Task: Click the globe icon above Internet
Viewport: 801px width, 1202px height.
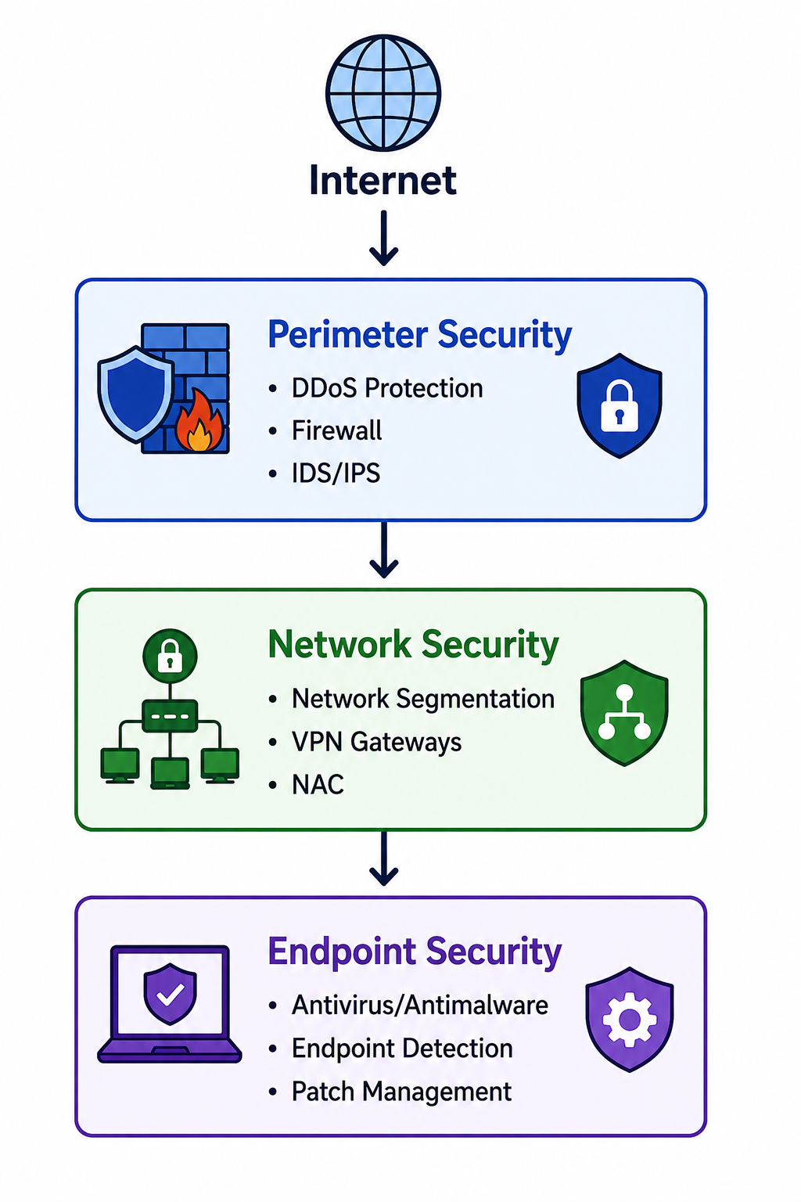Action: click(x=383, y=92)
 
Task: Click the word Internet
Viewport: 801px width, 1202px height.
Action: click(x=383, y=180)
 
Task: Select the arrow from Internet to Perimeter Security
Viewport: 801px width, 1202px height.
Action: click(x=383, y=238)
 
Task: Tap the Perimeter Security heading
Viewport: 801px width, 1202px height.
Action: click(x=419, y=336)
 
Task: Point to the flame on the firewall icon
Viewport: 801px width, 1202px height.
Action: click(x=199, y=420)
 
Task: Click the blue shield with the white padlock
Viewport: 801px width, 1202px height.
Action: click(x=619, y=405)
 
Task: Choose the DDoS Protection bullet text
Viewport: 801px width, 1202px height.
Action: click(x=387, y=388)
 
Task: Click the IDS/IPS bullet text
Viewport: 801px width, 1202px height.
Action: click(x=336, y=473)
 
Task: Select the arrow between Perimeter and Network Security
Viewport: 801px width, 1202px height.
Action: click(x=383, y=549)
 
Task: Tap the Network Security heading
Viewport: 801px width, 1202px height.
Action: click(x=413, y=645)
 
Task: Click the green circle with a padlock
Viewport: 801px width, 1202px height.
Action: click(x=170, y=656)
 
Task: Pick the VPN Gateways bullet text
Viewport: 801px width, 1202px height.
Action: click(x=376, y=742)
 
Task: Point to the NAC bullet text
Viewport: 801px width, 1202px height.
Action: click(x=318, y=785)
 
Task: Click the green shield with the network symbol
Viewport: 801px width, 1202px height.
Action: click(x=624, y=713)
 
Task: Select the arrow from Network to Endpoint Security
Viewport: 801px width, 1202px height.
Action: click(x=383, y=858)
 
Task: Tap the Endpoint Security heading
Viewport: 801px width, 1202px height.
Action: click(x=415, y=952)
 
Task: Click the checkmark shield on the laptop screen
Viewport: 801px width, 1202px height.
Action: click(x=170, y=994)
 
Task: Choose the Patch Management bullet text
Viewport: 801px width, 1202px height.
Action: click(x=402, y=1092)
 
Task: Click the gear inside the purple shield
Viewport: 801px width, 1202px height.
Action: click(x=630, y=1020)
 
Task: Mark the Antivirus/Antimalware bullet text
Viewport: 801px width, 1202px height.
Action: click(x=420, y=1005)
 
